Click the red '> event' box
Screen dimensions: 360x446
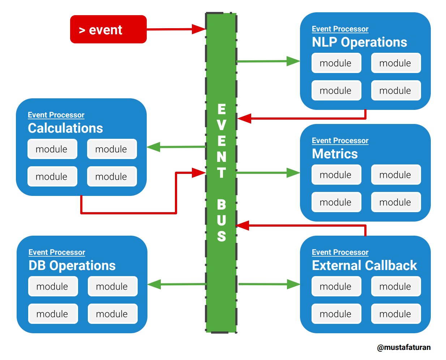[108, 29]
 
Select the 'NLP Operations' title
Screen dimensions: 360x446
[359, 42]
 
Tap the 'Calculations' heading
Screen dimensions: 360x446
[65, 128]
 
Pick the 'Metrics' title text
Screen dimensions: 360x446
[335, 154]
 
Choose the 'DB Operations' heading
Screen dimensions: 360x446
[72, 266]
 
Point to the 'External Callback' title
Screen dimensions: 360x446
[364, 266]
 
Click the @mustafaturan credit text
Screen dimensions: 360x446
[404, 347]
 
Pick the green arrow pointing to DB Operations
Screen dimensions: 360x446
[177, 284]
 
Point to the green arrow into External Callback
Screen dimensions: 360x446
[269, 284]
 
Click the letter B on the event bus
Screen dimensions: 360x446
[222, 205]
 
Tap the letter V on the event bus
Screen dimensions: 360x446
[222, 125]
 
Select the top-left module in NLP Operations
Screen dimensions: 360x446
[336, 63]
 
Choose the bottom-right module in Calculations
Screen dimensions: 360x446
[112, 177]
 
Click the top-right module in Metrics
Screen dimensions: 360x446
[396, 175]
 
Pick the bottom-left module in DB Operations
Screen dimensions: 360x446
[53, 314]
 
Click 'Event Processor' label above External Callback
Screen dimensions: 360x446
[340, 252]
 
